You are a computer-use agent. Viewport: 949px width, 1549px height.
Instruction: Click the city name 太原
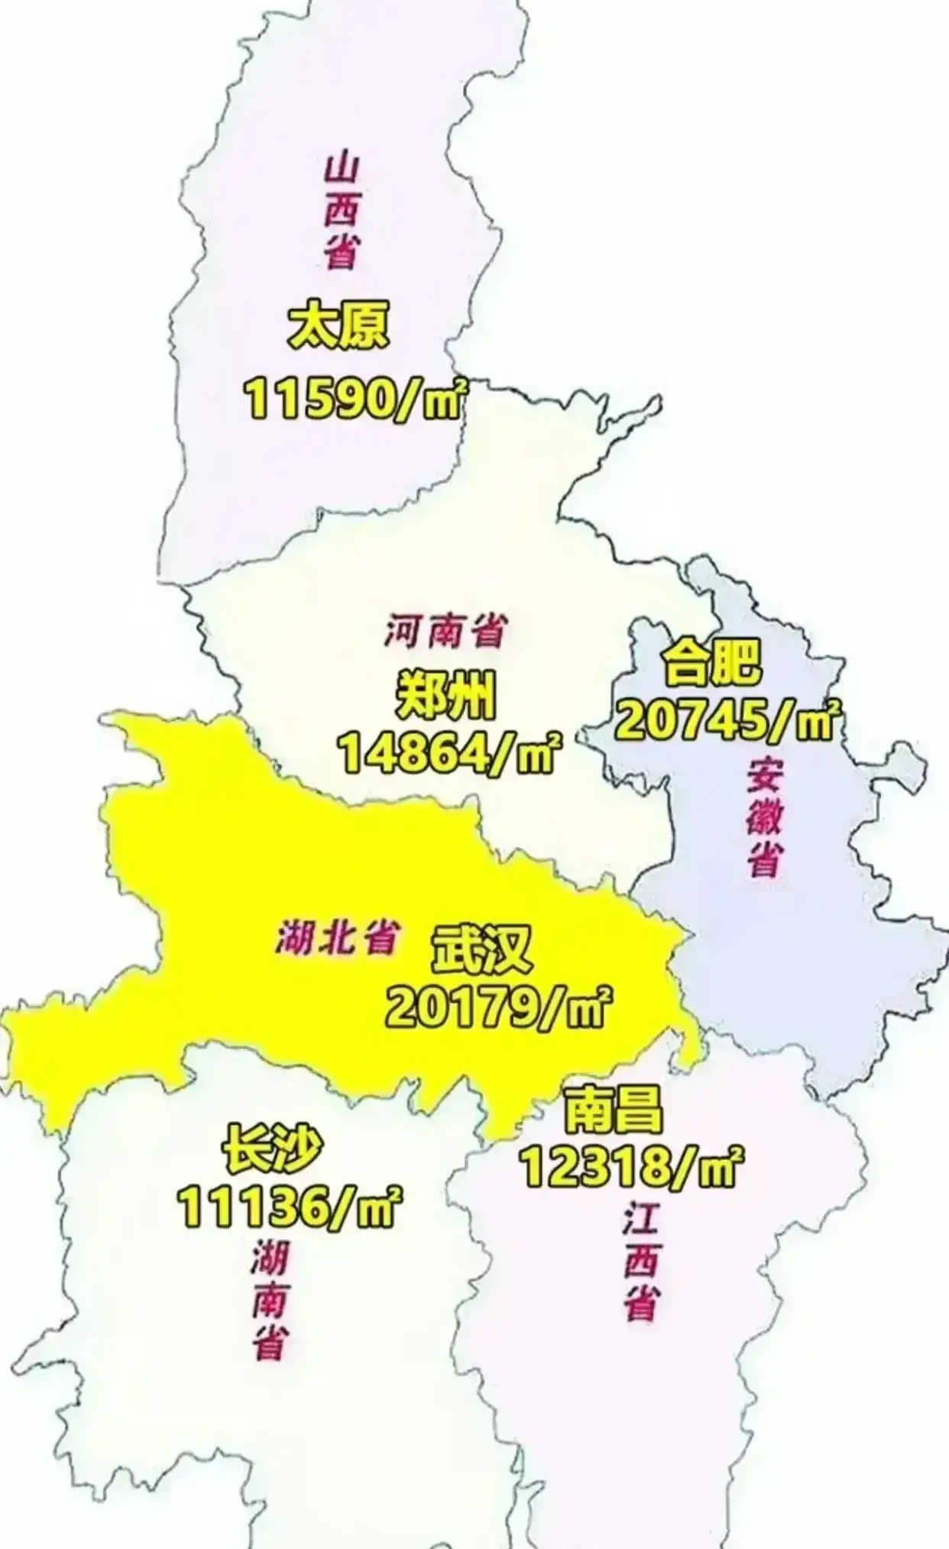pos(338,327)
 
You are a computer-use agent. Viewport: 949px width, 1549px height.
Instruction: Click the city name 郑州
pos(446,696)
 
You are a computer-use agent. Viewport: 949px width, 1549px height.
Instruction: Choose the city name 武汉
pos(481,950)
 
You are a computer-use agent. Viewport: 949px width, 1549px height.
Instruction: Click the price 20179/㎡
pos(498,1008)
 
